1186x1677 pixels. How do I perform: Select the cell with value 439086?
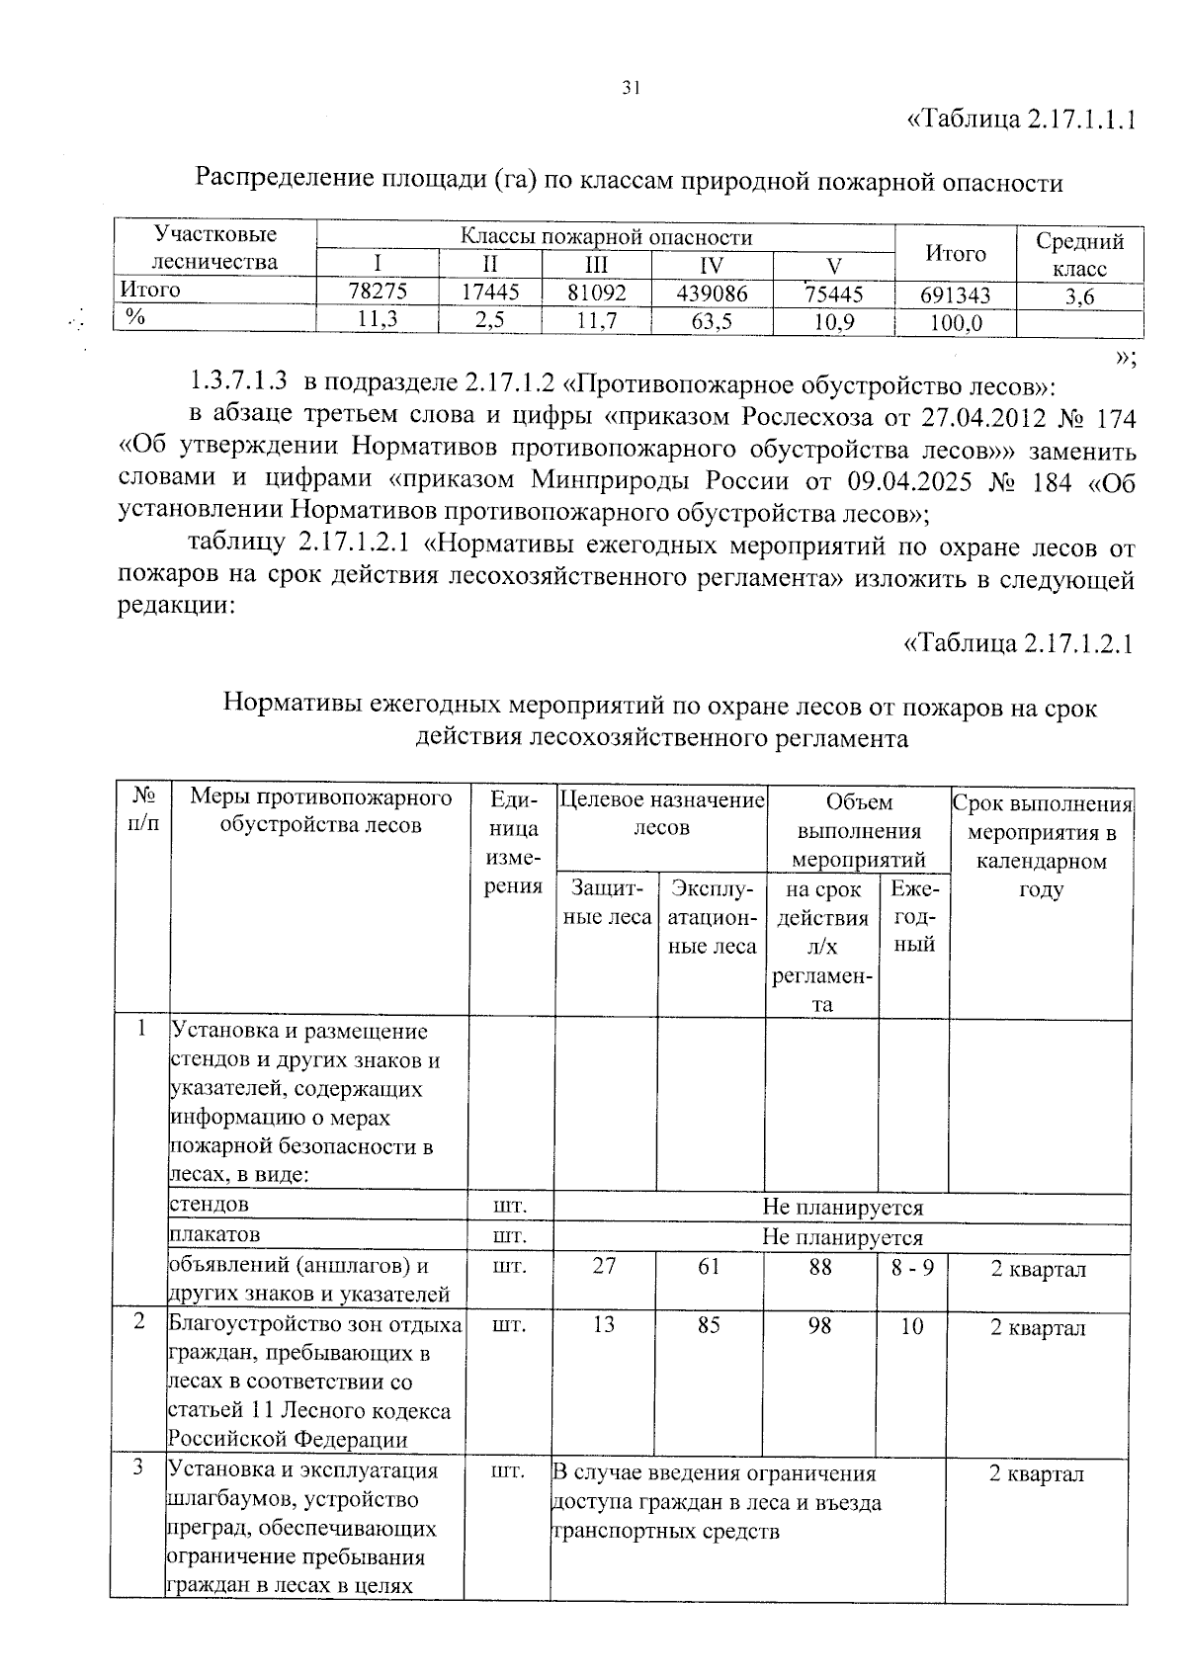coord(712,293)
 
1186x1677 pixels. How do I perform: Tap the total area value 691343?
coord(955,295)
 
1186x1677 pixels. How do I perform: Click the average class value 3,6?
coord(1079,296)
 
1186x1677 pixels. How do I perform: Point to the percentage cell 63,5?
coord(712,321)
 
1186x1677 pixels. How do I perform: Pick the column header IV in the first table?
coord(711,265)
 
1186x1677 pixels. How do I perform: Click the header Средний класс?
coord(1079,254)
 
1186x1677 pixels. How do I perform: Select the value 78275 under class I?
coord(378,291)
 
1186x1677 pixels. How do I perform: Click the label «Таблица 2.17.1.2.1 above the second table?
coord(1018,643)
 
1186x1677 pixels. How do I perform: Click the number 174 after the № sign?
coord(1116,417)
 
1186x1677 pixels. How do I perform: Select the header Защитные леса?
coord(606,902)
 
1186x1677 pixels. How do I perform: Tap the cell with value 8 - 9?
coord(912,1267)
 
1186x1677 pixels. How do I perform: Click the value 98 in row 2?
coord(819,1325)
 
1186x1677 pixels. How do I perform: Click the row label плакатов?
coord(215,1234)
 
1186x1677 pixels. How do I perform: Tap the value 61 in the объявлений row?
coord(709,1266)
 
